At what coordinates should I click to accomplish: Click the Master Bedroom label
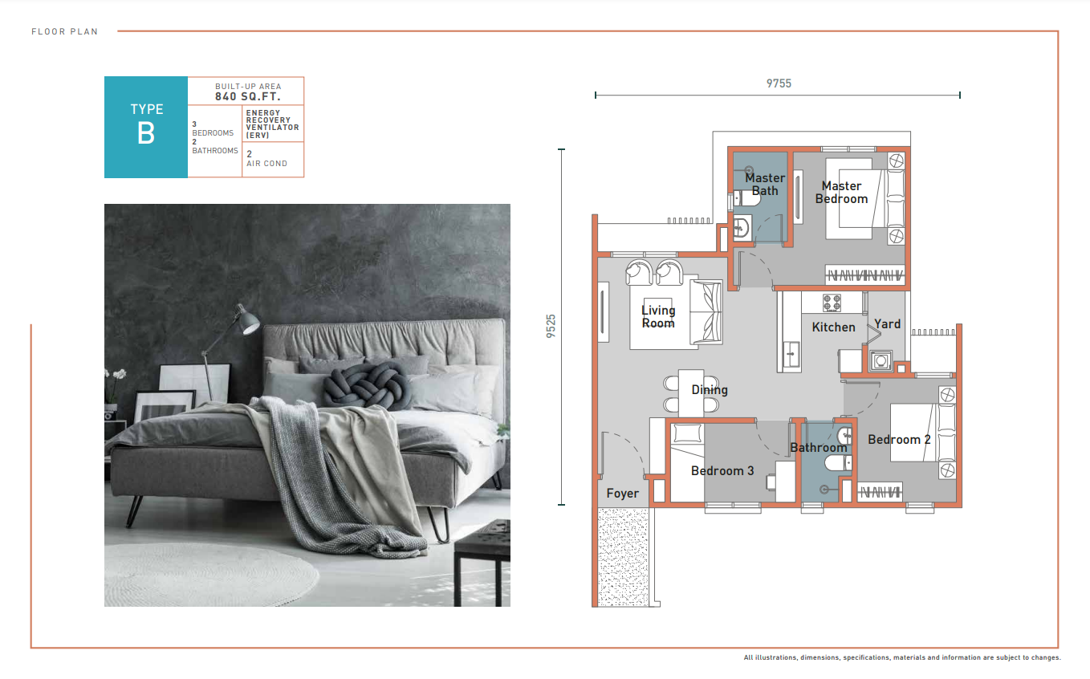coord(841,193)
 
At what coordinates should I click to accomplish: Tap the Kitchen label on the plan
coord(833,327)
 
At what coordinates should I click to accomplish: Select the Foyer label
coord(622,494)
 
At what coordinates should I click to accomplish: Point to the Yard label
coord(887,324)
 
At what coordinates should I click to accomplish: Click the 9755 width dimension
coord(779,83)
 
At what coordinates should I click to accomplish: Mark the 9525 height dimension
coord(551,326)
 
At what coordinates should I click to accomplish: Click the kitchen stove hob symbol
coord(832,303)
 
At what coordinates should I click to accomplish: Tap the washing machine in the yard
coord(881,360)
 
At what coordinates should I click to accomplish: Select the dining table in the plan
coord(691,392)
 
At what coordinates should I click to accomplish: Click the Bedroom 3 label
coord(722,470)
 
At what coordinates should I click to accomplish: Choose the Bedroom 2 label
coord(899,440)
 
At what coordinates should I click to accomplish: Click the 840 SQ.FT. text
coord(248,96)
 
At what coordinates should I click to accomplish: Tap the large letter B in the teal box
coord(146,133)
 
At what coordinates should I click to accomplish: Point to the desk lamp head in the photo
coord(249,321)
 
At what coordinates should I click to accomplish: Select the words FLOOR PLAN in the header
coord(65,31)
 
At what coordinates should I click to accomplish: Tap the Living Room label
coord(658,317)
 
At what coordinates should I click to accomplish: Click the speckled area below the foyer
coord(623,557)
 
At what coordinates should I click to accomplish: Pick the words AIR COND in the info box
coord(266,164)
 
